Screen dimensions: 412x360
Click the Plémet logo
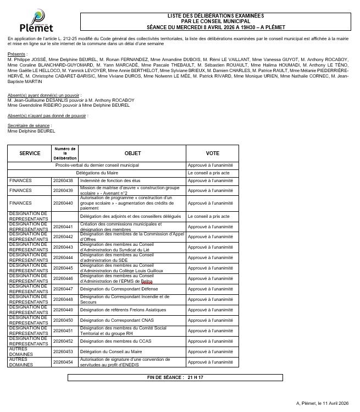(x=36, y=21)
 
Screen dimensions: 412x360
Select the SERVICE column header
(x=30, y=153)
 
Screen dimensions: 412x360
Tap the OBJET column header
(x=132, y=153)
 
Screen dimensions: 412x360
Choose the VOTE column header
(x=212, y=153)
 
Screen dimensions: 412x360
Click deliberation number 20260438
(x=63, y=180)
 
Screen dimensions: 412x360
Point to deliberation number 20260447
(x=63, y=288)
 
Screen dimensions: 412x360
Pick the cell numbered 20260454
(x=63, y=362)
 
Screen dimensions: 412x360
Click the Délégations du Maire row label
(x=97, y=173)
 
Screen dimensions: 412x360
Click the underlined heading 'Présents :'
(x=17, y=54)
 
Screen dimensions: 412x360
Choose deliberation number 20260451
(x=63, y=331)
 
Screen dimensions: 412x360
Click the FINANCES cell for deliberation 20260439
(x=30, y=190)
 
